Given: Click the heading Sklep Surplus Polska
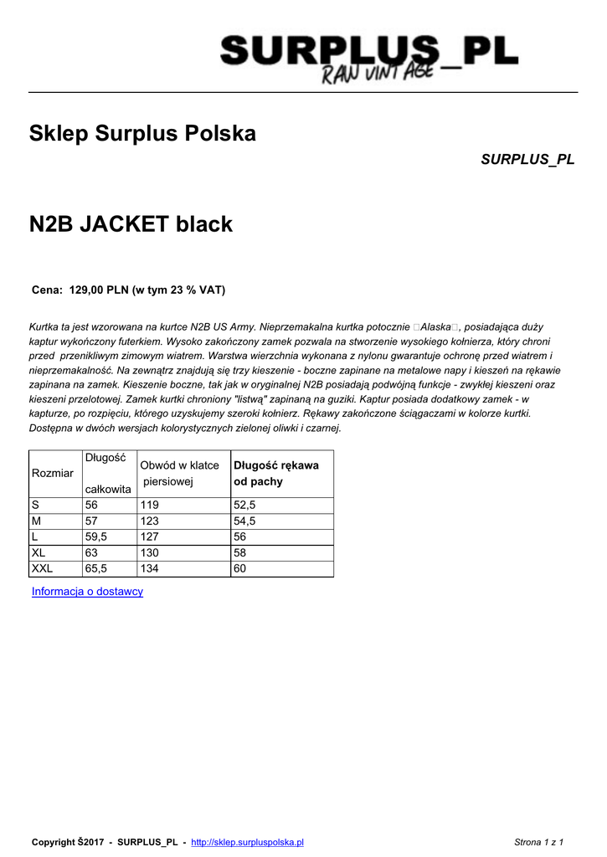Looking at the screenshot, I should tap(142, 133).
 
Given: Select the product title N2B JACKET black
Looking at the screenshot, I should tap(131, 224).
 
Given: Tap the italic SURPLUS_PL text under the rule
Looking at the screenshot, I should tap(527, 159).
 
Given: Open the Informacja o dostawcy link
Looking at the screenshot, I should tap(87, 592).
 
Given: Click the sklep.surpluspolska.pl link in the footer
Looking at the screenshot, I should tap(247, 842).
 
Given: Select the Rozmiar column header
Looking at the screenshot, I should tap(52, 474).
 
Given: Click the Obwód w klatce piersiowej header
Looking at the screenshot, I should tap(179, 474).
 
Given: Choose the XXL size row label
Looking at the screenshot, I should tap(42, 569).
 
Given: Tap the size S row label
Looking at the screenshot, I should tap(35, 505).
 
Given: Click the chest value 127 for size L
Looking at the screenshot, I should tap(150, 537).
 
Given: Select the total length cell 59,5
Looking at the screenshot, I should tap(96, 537).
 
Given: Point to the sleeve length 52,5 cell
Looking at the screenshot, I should tap(244, 505).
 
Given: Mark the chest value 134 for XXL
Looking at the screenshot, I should tap(150, 569).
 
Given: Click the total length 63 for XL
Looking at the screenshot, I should tap(92, 553).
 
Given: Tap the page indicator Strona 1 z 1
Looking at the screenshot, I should tap(538, 842).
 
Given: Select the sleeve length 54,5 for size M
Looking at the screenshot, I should tap(244, 521).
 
